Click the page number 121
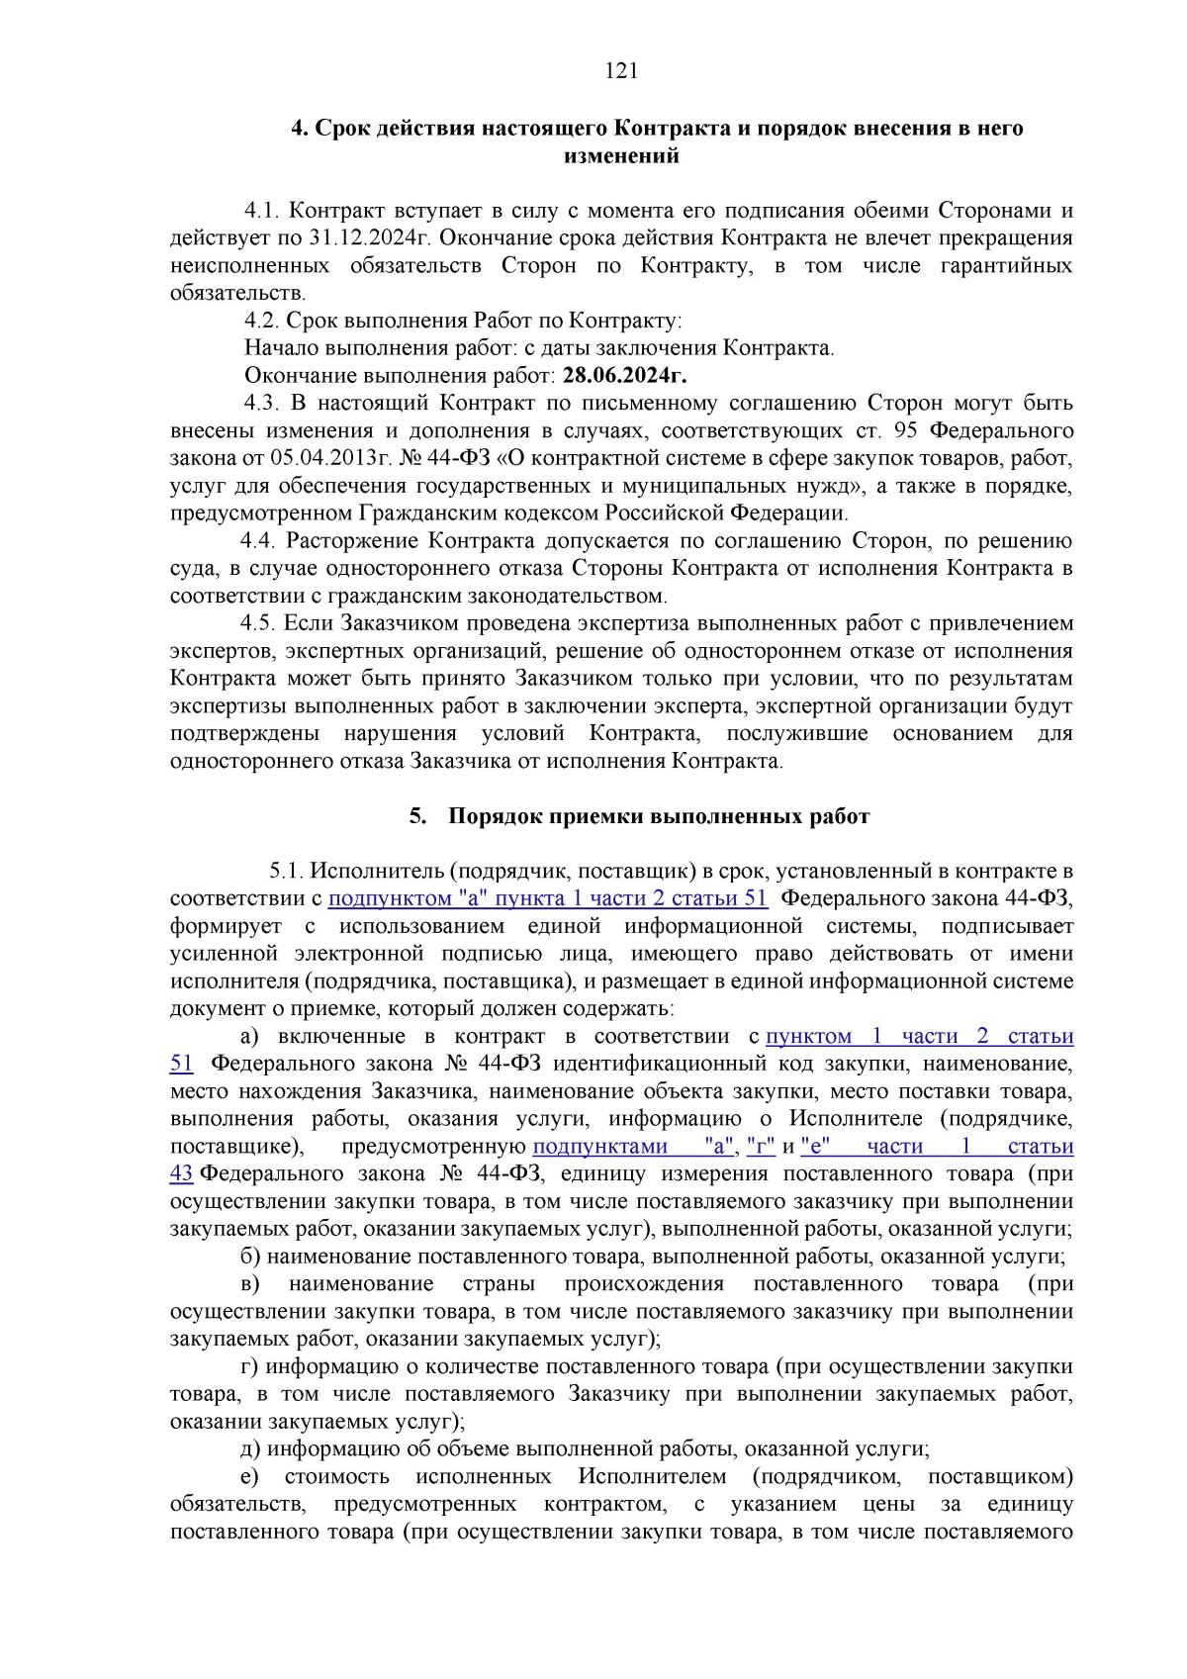pyautogui.click(x=621, y=70)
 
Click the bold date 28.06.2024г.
pyautogui.click(x=624, y=376)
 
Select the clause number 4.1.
pyautogui.click(x=262, y=211)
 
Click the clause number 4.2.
pyautogui.click(x=262, y=321)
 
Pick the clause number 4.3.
pyautogui.click(x=262, y=404)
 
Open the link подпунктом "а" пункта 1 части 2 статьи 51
pyautogui.click(x=547, y=899)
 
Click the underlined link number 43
pyautogui.click(x=181, y=1174)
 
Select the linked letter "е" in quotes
pyautogui.click(x=815, y=1147)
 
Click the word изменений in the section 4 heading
pyautogui.click(x=621, y=155)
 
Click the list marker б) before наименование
pyautogui.click(x=250, y=1258)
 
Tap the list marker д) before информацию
pyautogui.click(x=250, y=1449)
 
